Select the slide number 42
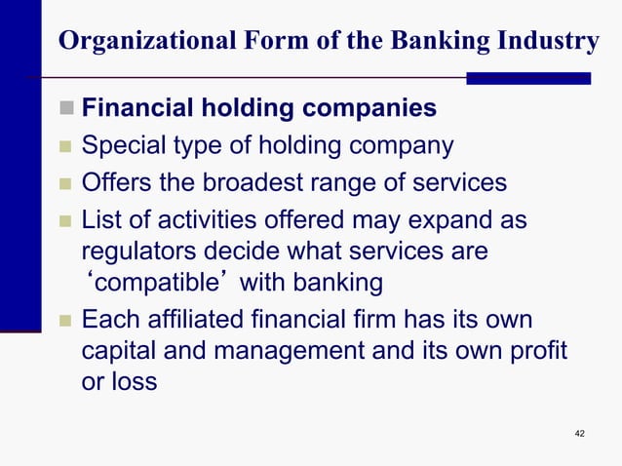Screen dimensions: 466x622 (x=580, y=433)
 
